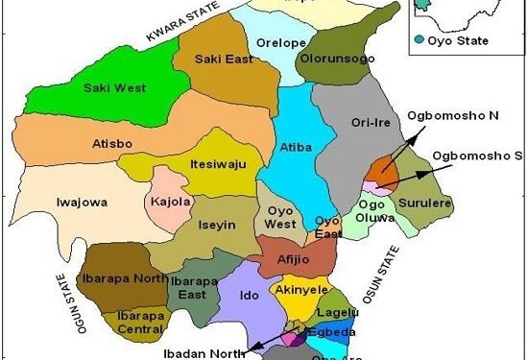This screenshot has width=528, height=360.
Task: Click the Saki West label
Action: coord(113,88)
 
